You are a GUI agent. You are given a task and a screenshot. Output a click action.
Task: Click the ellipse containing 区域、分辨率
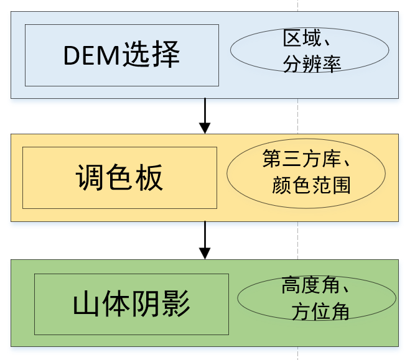tap(309, 50)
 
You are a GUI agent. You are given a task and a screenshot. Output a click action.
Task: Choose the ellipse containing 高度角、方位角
tap(317, 298)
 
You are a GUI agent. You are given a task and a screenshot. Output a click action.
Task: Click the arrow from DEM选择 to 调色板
tap(205, 115)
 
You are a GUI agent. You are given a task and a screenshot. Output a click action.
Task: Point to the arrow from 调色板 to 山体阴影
tap(205, 240)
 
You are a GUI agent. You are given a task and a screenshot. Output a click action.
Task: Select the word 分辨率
tap(312, 64)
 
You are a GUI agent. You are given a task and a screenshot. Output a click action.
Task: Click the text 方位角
tap(320, 312)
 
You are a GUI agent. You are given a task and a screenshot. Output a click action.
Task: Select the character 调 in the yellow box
tap(90, 178)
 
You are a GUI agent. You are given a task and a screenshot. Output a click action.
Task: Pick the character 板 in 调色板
tap(149, 178)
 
